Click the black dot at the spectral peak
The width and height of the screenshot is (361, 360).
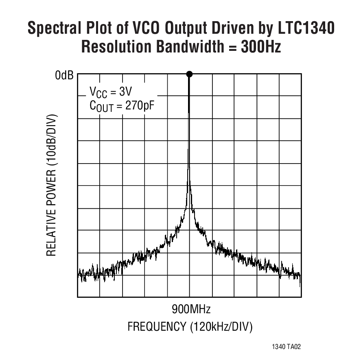189,74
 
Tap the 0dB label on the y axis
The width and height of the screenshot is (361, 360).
64,75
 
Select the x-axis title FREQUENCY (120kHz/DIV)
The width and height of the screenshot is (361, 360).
190,327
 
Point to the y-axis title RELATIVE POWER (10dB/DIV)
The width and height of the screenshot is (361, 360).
51,185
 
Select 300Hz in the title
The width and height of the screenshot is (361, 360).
260,47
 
